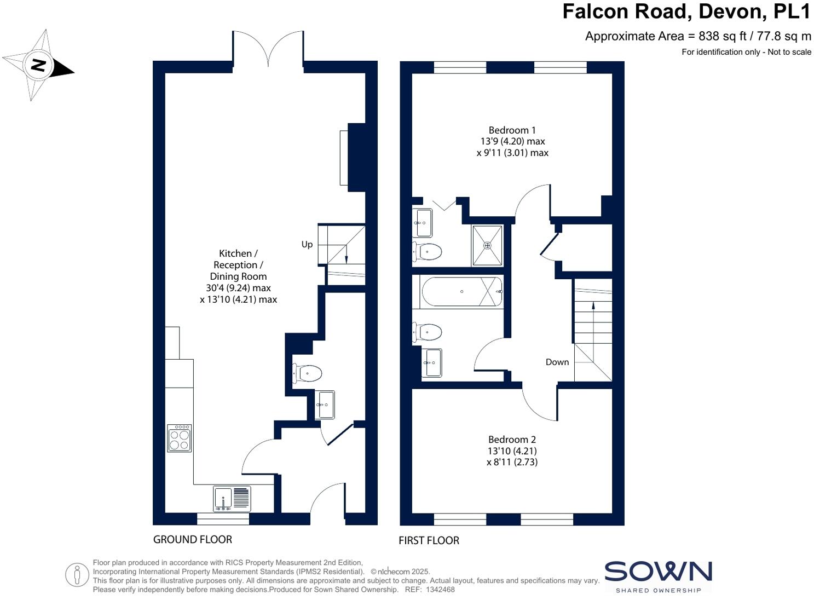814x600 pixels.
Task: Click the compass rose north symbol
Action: click(38, 66)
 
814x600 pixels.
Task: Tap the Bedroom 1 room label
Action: click(512, 130)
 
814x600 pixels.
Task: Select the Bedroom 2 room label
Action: click(512, 440)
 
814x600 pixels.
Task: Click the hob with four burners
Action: click(180, 438)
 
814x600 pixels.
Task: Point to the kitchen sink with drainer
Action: click(232, 499)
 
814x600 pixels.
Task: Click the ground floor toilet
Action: click(307, 373)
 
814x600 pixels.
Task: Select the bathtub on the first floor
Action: click(461, 292)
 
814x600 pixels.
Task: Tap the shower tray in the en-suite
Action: click(487, 245)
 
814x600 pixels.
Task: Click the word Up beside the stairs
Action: click(307, 244)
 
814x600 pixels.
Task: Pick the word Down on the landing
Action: click(557, 362)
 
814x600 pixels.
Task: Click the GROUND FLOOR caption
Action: click(193, 540)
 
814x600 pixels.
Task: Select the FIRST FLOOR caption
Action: click(429, 541)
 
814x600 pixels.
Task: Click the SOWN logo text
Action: click(658, 572)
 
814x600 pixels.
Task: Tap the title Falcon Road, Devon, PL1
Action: click(686, 11)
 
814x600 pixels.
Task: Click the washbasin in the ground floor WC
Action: click(325, 405)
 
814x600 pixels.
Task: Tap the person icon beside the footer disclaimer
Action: click(77, 575)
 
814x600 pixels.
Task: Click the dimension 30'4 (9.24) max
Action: click(238, 288)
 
